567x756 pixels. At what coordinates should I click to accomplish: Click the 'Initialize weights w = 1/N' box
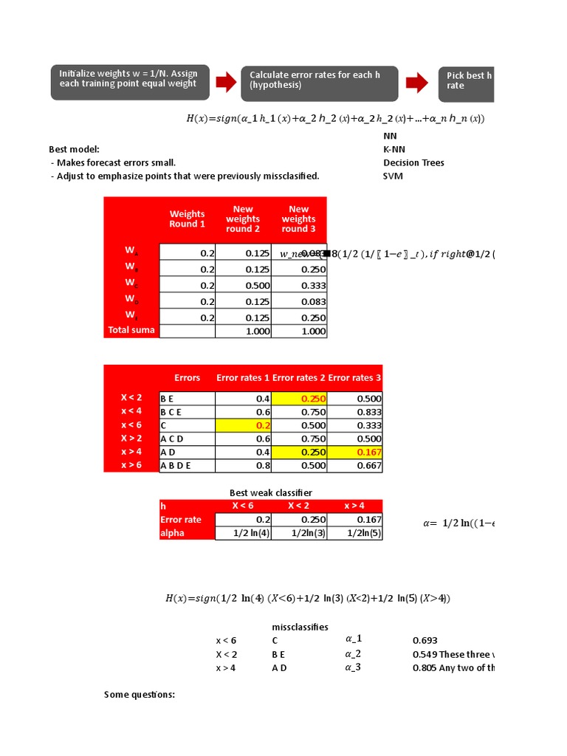coord(129,82)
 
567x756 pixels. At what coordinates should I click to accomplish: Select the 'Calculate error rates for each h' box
coord(320,83)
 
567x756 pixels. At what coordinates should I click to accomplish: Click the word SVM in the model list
coord(393,176)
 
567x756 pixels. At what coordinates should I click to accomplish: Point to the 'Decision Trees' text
coord(413,163)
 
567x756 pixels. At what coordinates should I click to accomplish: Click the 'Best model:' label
coord(74,150)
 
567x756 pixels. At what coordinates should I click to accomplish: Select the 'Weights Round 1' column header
coord(187,219)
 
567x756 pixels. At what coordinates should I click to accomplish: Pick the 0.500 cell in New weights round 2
coord(243,285)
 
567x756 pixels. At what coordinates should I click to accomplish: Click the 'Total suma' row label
coord(131,330)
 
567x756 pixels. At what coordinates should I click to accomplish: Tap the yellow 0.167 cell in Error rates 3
coord(354,452)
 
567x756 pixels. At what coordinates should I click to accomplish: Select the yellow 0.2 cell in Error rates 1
coord(243,425)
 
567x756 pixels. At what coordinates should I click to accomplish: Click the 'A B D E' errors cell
coord(187,465)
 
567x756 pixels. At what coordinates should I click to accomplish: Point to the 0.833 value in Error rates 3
coord(354,412)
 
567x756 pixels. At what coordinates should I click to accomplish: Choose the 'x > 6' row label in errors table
coord(131,465)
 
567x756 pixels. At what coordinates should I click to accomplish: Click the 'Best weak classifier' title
coord(271,492)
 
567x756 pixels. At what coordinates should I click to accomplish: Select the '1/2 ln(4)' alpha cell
coord(243,533)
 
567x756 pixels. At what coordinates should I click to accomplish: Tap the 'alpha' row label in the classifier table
coord(173,533)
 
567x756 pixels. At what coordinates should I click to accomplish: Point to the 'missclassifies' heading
coord(300,627)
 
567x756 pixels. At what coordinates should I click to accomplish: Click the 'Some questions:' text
coord(140,694)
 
